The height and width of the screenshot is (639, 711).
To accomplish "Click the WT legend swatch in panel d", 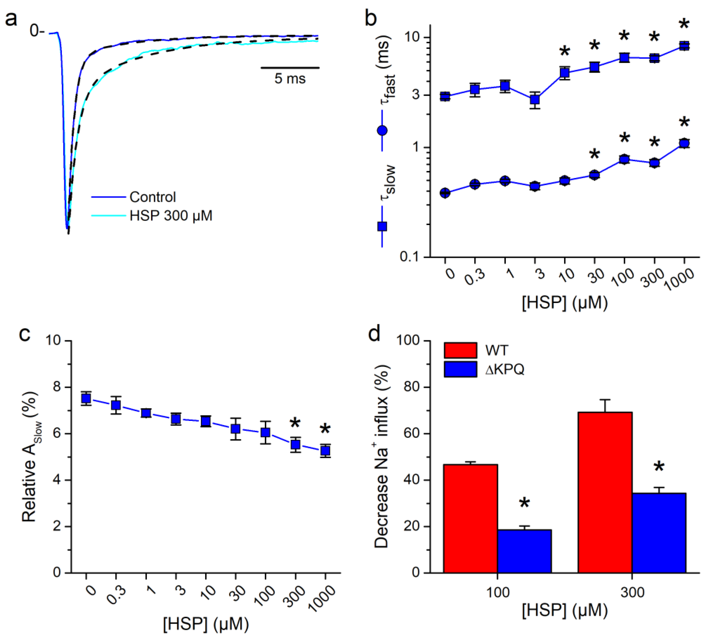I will pos(460,350).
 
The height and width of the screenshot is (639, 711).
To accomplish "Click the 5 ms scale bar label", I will pos(290,79).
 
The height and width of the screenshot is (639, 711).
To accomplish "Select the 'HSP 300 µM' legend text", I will pos(171,215).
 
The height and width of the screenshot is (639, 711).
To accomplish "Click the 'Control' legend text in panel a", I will pos(153,197).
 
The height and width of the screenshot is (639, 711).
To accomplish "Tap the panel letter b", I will pos(371,18).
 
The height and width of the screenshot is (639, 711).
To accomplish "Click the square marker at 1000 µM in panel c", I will pos(325,450).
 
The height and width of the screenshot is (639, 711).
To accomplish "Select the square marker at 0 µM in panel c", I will pos(86,398).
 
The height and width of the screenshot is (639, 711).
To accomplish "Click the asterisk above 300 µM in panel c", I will pos(295,424).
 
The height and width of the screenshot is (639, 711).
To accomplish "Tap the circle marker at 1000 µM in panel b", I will pos(684,143).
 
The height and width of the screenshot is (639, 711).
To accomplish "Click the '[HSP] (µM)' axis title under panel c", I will pos(206,624).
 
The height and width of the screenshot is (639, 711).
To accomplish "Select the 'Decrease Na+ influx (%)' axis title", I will pos(382,456).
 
